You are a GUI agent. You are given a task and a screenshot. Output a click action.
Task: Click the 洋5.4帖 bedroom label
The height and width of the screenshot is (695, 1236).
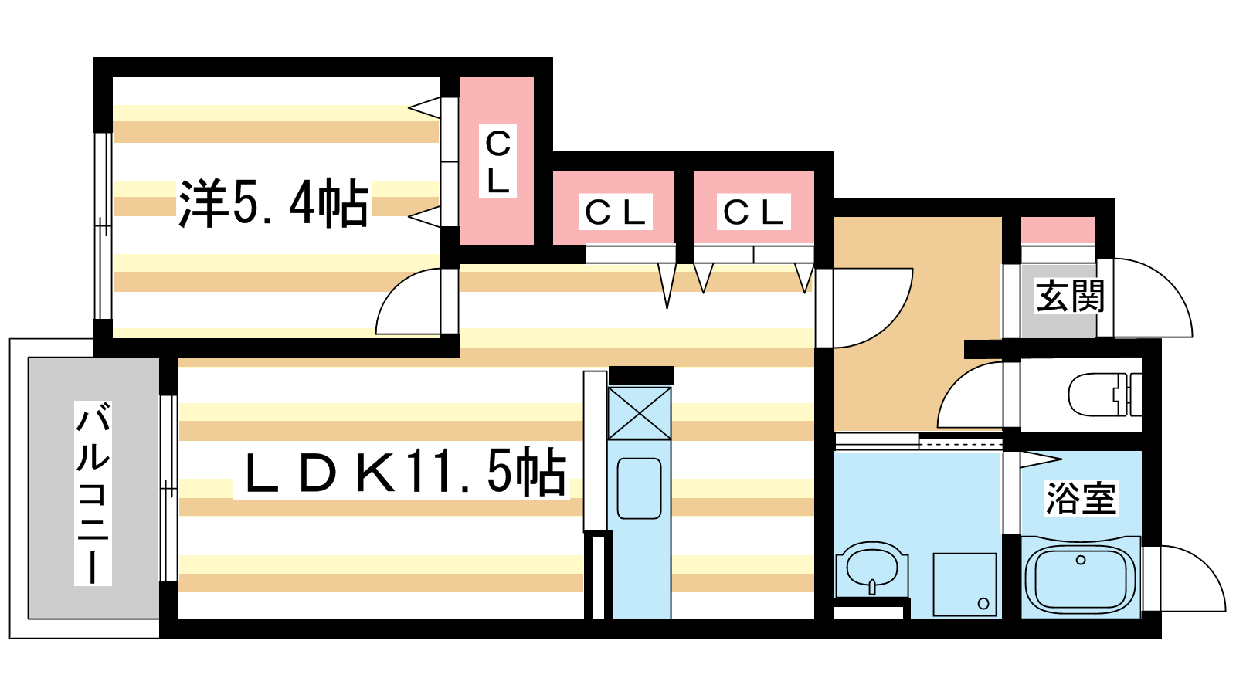point(273,204)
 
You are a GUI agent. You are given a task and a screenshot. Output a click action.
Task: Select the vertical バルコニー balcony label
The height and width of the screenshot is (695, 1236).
point(93,493)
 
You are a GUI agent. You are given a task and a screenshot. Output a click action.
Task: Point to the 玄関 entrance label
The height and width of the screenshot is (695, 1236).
point(1070,297)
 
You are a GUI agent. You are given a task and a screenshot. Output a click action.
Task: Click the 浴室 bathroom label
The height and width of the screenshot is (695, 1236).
point(1081,498)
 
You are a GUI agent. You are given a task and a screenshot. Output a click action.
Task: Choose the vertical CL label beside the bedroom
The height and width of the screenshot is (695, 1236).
point(497,161)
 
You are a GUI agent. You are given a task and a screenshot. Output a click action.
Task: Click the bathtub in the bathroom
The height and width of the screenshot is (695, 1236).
point(1081,578)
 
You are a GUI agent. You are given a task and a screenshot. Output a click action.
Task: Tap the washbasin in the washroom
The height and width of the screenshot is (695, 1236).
point(872,569)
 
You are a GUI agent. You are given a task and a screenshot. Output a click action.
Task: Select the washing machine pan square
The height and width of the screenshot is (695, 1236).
point(964,584)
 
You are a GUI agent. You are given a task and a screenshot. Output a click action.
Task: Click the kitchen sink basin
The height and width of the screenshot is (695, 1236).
point(639,488)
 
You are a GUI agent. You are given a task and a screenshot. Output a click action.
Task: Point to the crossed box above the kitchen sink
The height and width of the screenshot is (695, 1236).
point(639,414)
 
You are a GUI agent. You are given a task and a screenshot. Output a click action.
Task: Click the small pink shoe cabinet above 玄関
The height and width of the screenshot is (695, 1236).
point(1058,231)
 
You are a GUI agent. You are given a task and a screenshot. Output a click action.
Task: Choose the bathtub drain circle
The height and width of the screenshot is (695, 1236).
point(1081,560)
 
